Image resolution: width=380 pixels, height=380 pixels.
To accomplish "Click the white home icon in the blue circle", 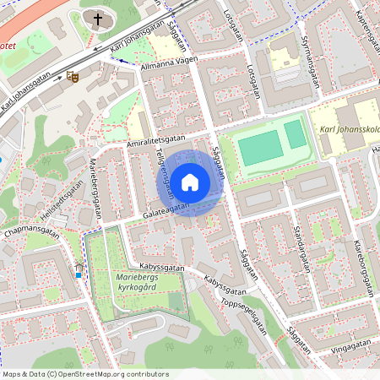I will (x=190, y=182).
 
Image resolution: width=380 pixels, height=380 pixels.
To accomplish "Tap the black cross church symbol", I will (x=98, y=19).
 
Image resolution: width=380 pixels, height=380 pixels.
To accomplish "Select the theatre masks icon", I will (x=73, y=77).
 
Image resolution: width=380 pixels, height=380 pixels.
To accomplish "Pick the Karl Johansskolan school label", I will (x=345, y=132).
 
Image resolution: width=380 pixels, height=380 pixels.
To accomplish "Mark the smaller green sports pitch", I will (x=294, y=133).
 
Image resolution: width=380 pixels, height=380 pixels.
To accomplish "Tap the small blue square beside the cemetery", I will (x=79, y=274).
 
